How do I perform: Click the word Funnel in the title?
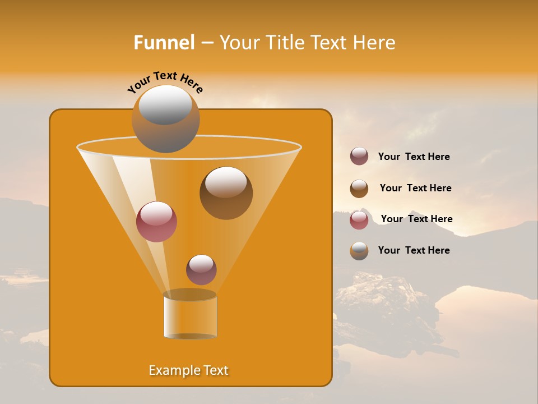[x=164, y=43]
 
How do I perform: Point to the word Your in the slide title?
[x=240, y=43]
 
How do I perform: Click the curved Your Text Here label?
[x=165, y=82]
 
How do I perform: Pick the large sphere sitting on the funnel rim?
[x=165, y=119]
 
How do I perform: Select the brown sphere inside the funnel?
[x=226, y=192]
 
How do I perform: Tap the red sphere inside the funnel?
[x=156, y=222]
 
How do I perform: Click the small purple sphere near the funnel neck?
[x=201, y=269]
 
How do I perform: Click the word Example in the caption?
[x=173, y=370]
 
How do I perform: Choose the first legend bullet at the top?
[x=359, y=157]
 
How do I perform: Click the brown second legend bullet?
[x=359, y=189]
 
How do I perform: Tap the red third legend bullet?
[x=359, y=220]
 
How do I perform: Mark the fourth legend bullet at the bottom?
[x=359, y=251]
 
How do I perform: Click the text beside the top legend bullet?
[x=414, y=157]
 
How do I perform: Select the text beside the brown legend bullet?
[x=415, y=189]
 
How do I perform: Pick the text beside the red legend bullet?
[x=416, y=219]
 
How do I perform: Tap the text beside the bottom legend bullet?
[x=414, y=251]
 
